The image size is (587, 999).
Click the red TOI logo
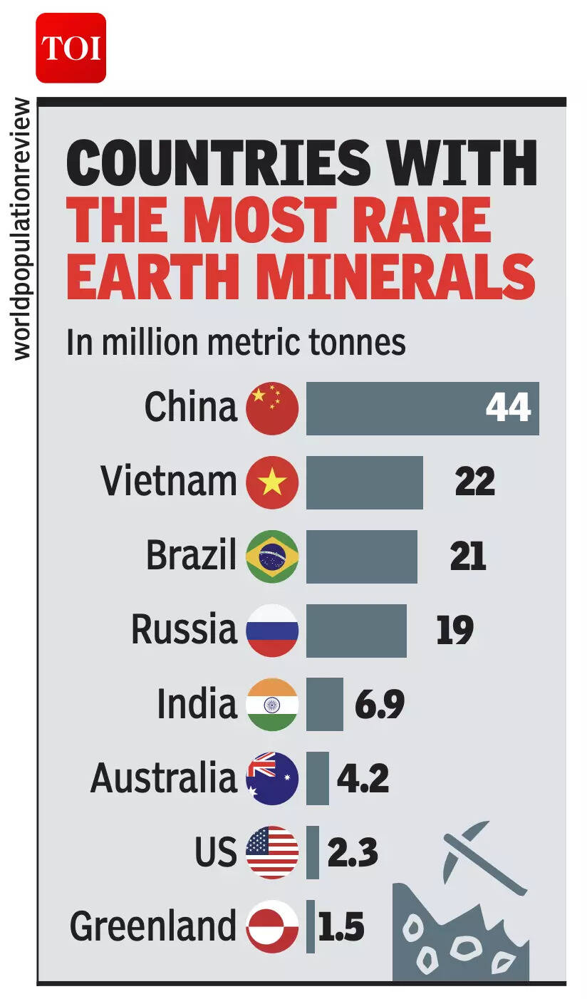(x=71, y=48)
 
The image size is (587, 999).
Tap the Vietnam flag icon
(x=271, y=482)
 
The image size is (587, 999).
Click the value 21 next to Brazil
(x=468, y=557)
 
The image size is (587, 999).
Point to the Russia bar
(x=356, y=631)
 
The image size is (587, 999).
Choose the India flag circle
(x=271, y=705)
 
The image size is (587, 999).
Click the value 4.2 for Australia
(x=363, y=779)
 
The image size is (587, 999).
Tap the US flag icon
(x=271, y=853)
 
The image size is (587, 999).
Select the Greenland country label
(x=153, y=926)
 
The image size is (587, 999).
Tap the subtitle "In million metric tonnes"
(x=236, y=342)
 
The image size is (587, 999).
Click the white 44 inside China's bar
(x=508, y=408)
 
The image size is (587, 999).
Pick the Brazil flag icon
(x=271, y=557)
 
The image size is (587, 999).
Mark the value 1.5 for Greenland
(x=341, y=927)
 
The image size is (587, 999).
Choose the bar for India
(x=324, y=705)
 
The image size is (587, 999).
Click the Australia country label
(x=163, y=778)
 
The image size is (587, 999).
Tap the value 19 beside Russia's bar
(x=454, y=631)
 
